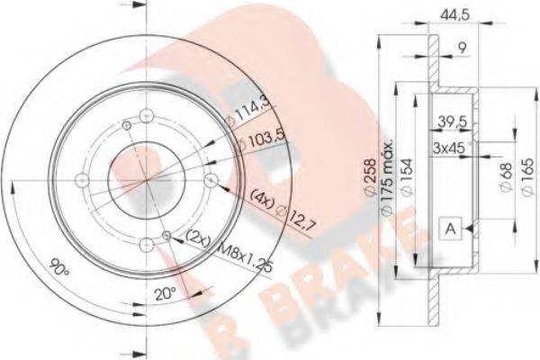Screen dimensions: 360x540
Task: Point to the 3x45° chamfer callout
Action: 449,147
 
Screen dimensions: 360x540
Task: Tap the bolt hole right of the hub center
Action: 211,181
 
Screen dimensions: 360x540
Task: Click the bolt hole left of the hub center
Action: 83,180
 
